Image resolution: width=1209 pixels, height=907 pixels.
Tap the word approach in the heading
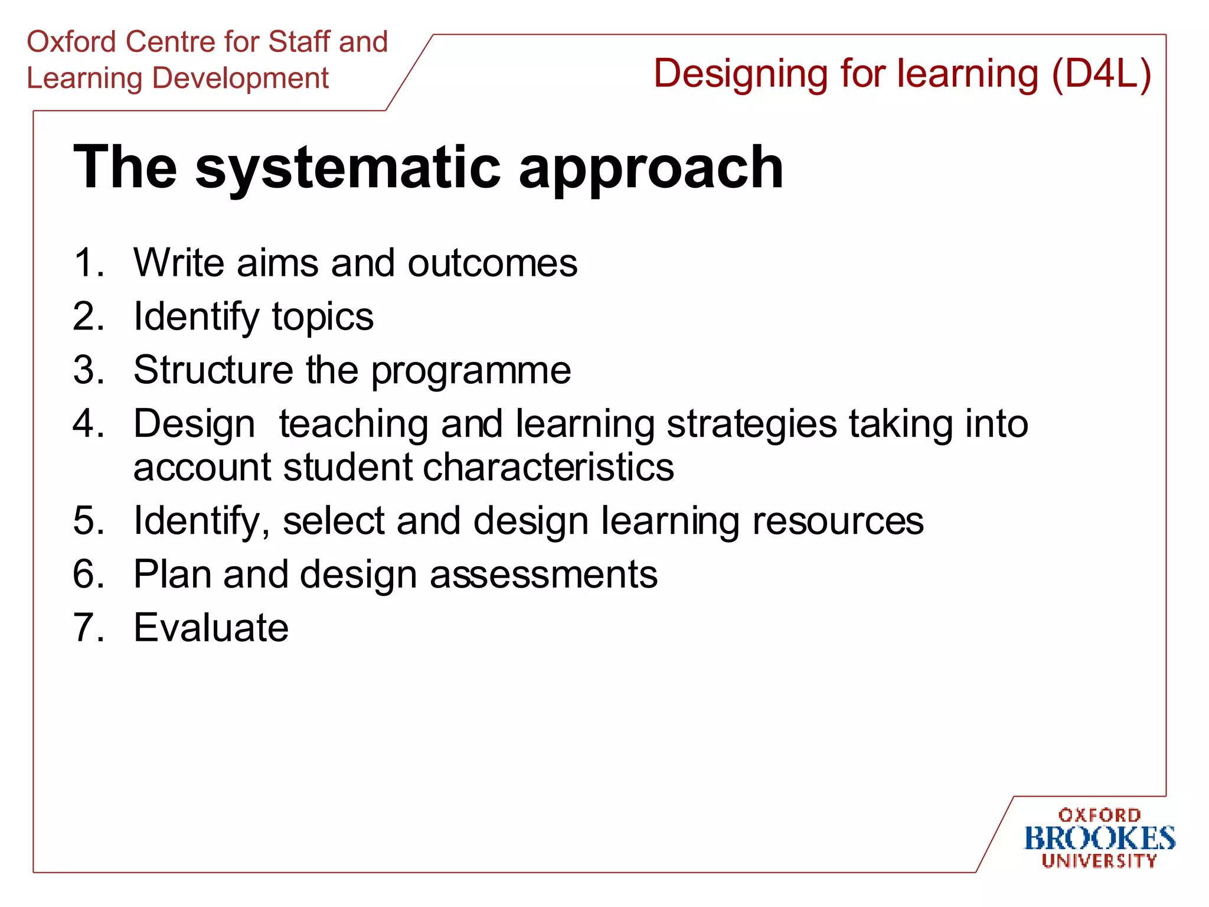pyautogui.click(x=651, y=169)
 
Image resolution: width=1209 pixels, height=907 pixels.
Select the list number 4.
pyautogui.click(x=87, y=423)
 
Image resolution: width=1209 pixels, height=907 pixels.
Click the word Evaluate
pyautogui.click(x=211, y=627)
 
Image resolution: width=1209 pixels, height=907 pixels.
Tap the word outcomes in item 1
pyautogui.click(x=492, y=263)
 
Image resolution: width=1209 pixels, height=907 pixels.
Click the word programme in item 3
pyautogui.click(x=470, y=371)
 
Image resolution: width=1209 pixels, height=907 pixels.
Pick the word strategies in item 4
pyautogui.click(x=751, y=425)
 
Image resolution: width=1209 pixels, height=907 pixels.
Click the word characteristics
pyautogui.click(x=548, y=467)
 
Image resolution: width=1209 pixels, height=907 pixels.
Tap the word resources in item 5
pyautogui.click(x=838, y=521)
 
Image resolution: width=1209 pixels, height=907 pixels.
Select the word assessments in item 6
pyautogui.click(x=543, y=574)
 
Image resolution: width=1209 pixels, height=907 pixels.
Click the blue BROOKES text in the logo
pyautogui.click(x=1099, y=839)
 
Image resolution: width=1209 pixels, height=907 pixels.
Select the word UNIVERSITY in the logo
pyautogui.click(x=1099, y=861)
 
